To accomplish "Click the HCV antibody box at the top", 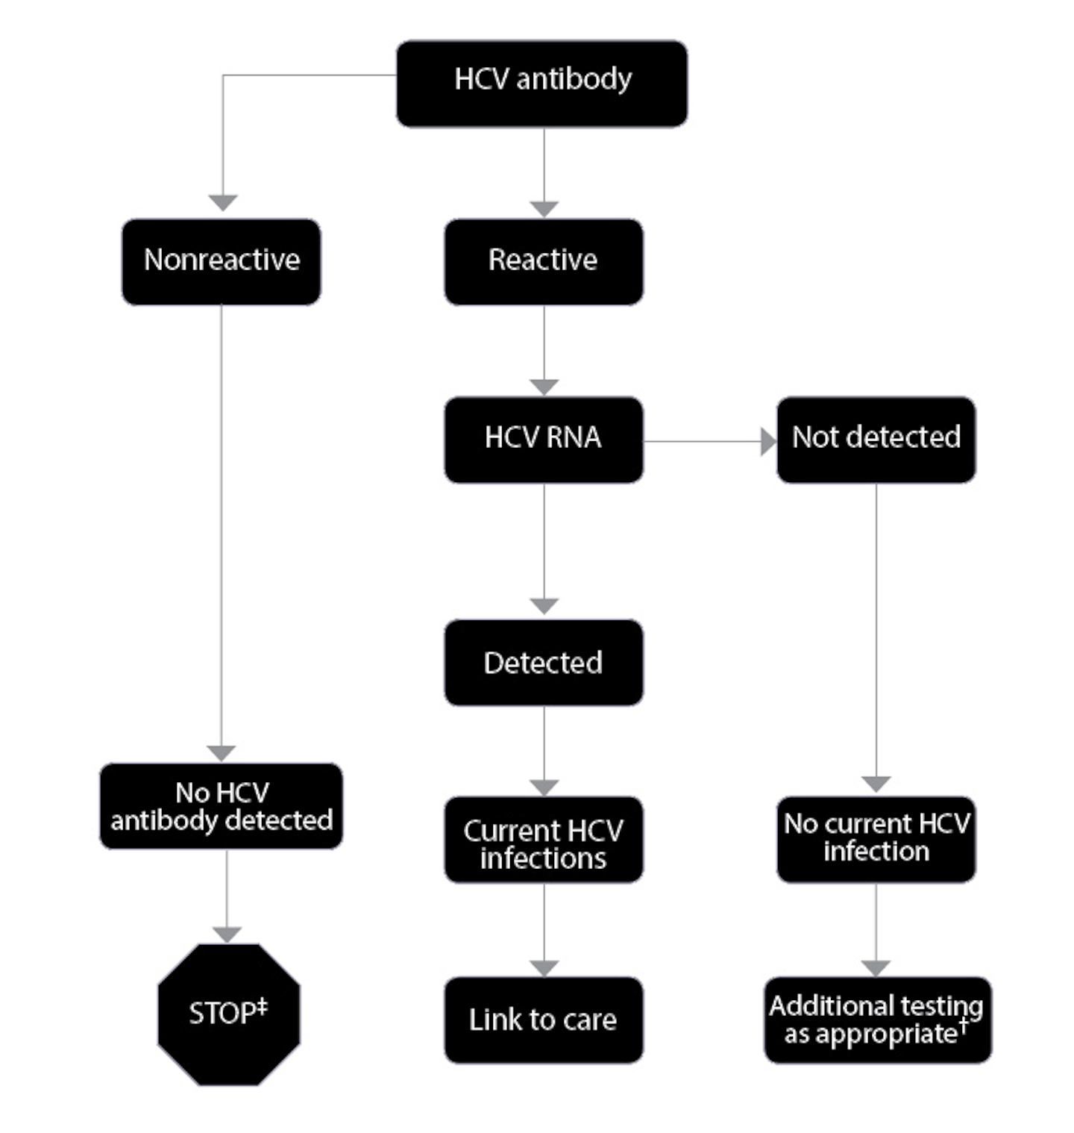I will (542, 84).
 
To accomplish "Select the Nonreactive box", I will (222, 261).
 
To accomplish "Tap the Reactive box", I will (544, 261).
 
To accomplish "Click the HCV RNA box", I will (544, 439).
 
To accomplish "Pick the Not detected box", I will (876, 439).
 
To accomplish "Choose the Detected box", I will (544, 662).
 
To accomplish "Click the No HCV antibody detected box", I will (222, 806).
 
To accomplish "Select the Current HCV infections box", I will (544, 840).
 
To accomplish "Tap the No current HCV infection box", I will (876, 839).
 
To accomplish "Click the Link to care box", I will (544, 1020).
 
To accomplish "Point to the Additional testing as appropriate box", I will (877, 1020).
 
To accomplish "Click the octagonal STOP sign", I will (228, 1014).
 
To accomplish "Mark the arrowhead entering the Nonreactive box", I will (222, 202).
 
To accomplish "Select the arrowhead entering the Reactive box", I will (544, 209).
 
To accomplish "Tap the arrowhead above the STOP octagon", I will (227, 934).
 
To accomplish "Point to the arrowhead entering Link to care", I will (544, 968).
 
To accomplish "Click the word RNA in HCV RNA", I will (573, 437).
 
